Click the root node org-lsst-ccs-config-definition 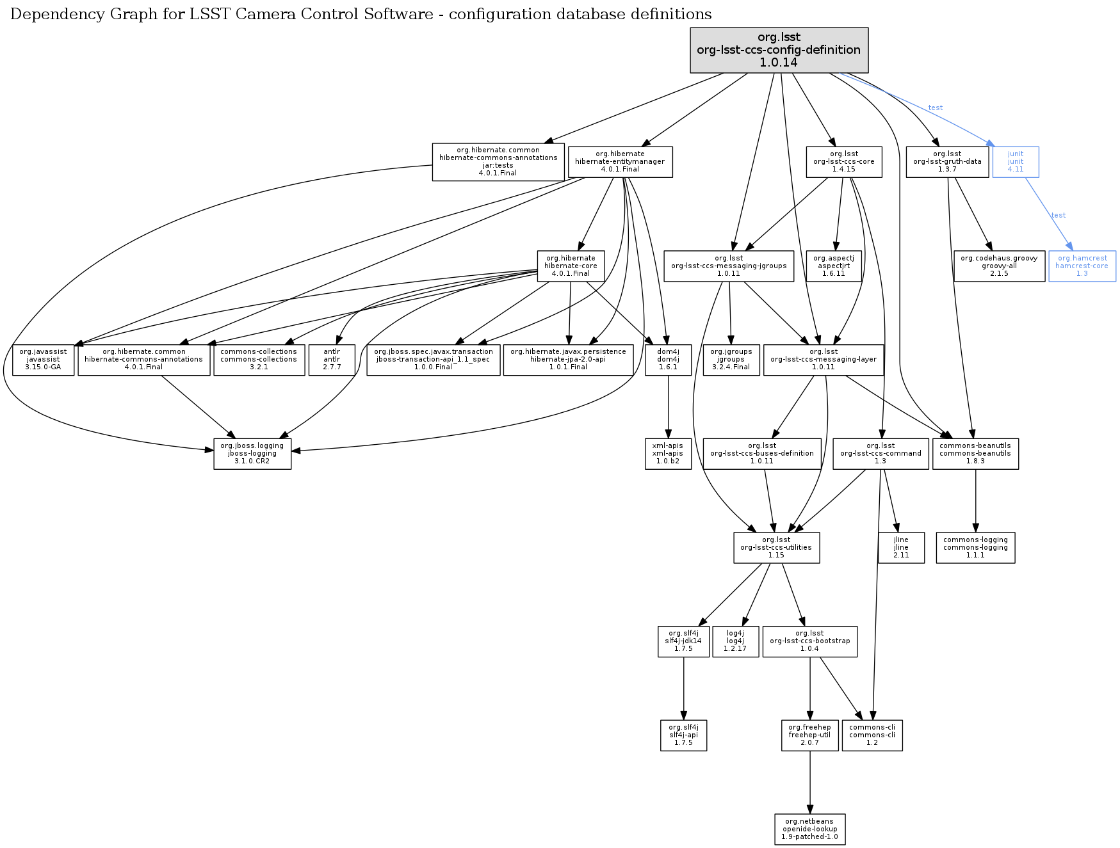click(779, 50)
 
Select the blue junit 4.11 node click(1015, 162)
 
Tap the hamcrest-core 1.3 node click(1082, 266)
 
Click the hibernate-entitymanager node click(620, 162)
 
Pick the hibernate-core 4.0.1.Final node click(571, 266)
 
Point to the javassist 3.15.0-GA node click(43, 360)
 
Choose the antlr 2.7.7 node click(332, 360)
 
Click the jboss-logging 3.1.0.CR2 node click(252, 454)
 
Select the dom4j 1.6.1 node click(668, 360)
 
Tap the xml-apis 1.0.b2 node click(668, 454)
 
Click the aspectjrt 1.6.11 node click(833, 266)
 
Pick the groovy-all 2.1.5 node click(998, 266)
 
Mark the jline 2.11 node click(901, 548)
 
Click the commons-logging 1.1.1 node click(975, 548)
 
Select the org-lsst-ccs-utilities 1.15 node click(776, 548)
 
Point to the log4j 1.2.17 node click(734, 641)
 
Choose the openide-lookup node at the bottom click(809, 829)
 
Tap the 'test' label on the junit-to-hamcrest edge click(1059, 216)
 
